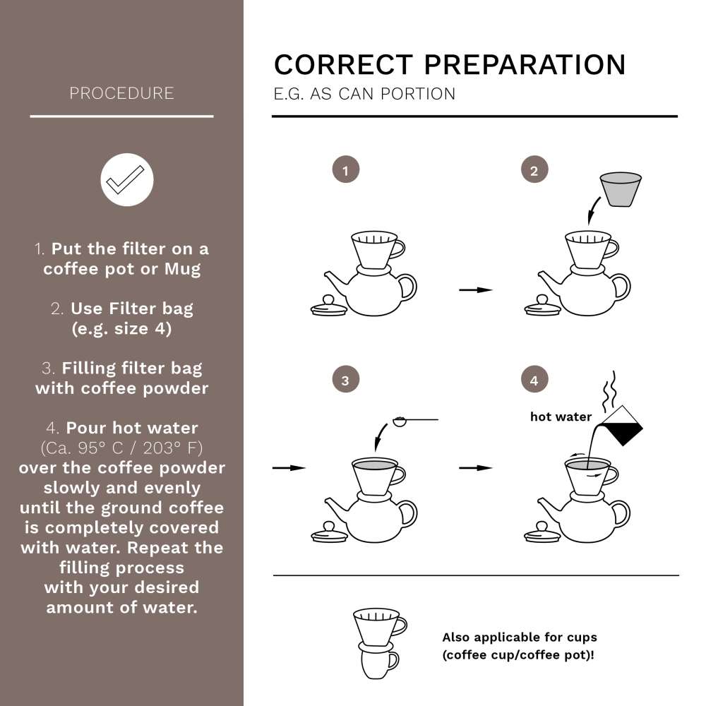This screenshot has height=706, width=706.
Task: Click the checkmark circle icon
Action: [127, 179]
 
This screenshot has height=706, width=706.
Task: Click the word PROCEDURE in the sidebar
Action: [121, 93]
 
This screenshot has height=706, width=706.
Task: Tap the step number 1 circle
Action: [345, 170]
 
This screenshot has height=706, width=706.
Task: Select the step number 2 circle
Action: [534, 170]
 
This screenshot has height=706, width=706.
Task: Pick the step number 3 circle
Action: [345, 381]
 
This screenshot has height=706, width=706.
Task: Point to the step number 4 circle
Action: [534, 381]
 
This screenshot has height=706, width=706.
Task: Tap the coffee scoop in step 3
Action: [401, 421]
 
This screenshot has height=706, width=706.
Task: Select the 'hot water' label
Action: [561, 417]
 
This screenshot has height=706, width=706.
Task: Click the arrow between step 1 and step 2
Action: [475, 289]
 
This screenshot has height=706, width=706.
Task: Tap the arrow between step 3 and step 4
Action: [475, 467]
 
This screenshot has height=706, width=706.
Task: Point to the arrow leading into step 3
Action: [289, 467]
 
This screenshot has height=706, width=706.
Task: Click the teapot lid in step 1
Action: [328, 306]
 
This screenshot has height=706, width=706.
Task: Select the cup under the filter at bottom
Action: [378, 662]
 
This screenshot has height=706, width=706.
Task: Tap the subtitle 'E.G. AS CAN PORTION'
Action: [364, 94]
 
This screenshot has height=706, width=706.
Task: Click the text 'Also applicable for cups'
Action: [519, 637]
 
